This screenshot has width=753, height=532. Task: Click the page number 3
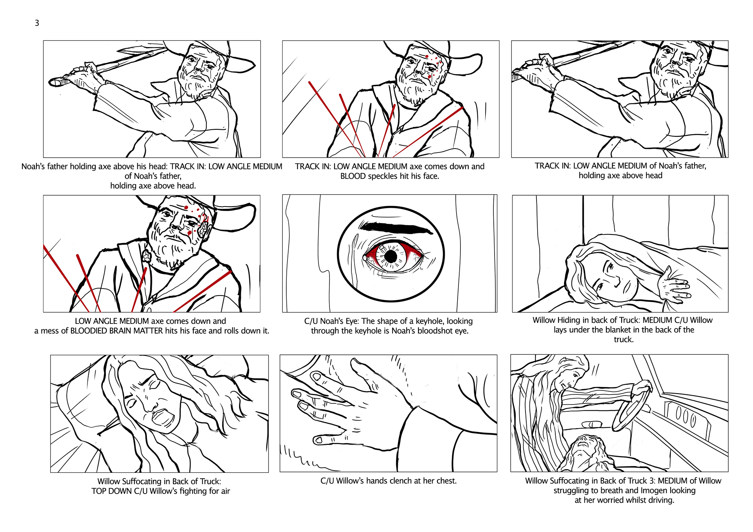(37, 23)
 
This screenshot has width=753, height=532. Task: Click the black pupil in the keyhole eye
(391, 256)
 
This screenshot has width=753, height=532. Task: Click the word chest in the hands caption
(445, 481)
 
